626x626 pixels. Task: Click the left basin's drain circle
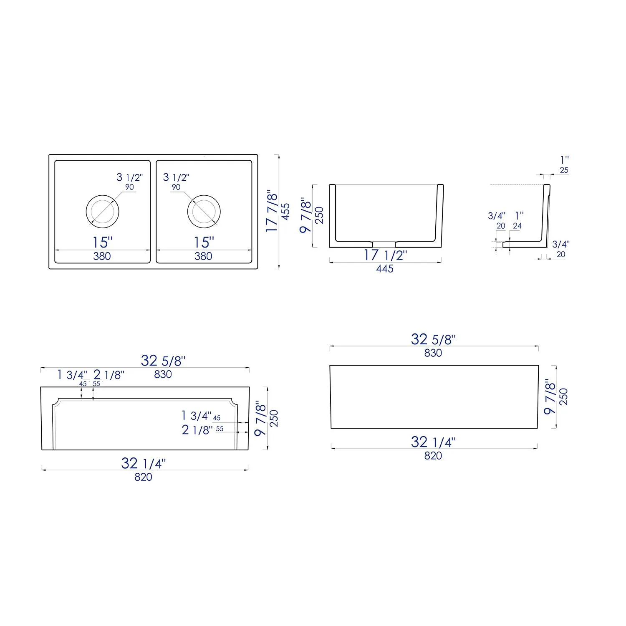[x=102, y=211]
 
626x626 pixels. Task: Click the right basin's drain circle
[x=204, y=211]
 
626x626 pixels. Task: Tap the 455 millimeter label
[x=285, y=212]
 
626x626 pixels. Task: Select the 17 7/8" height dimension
[x=272, y=211]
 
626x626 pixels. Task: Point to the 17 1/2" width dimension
[x=385, y=255]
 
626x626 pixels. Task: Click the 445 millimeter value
[x=384, y=269]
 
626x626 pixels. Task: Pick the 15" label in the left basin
[x=103, y=242]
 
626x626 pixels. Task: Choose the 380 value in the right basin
[x=203, y=256]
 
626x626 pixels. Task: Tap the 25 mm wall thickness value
[x=564, y=170]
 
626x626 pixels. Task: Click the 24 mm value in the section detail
[x=517, y=226]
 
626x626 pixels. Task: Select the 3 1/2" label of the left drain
[x=129, y=177]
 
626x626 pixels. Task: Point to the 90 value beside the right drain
[x=176, y=187]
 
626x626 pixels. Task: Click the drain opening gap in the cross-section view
[x=384, y=243]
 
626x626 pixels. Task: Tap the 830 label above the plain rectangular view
[x=433, y=353]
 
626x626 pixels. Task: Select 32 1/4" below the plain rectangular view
[x=433, y=442]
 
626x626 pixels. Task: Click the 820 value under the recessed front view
[x=143, y=477]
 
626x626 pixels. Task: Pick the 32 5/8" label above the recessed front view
[x=163, y=361]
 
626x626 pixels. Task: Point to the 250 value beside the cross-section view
[x=319, y=215]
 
